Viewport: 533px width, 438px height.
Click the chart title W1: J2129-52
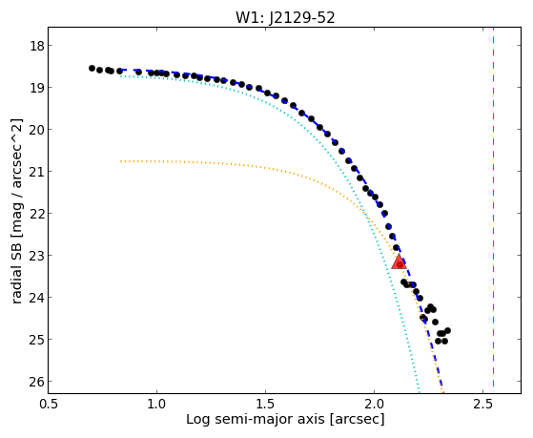click(285, 18)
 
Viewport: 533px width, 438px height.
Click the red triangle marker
click(400, 261)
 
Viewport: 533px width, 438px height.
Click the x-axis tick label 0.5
click(49, 404)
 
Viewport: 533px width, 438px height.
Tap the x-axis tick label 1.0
click(156, 404)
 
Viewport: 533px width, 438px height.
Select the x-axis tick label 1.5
click(265, 404)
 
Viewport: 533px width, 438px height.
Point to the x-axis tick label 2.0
click(374, 404)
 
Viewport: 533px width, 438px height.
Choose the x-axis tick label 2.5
click(482, 404)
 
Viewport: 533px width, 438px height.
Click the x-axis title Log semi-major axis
click(256, 420)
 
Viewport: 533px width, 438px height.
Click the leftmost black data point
click(92, 68)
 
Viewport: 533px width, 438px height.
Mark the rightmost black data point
click(448, 330)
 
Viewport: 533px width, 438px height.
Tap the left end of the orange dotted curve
click(121, 161)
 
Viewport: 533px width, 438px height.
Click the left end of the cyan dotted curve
click(121, 76)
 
